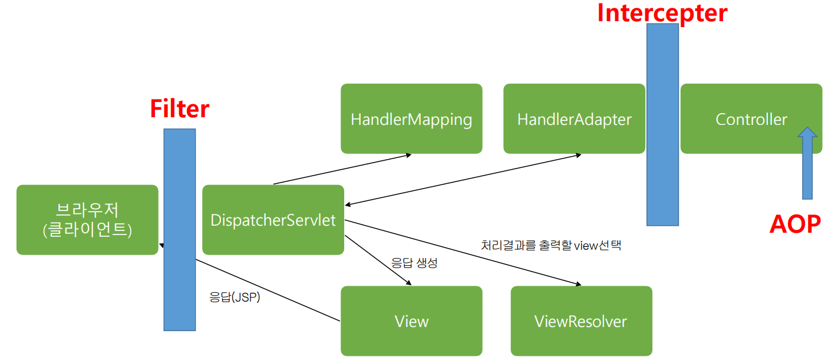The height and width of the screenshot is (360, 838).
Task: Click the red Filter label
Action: coord(180,109)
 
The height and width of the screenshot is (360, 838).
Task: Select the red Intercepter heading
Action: coord(662,13)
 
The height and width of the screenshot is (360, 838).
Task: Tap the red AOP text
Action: coord(795,224)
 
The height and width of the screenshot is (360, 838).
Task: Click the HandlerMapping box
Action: coord(411,119)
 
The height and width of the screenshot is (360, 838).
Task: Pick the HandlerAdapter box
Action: coord(574,119)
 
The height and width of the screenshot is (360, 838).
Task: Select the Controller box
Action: coord(751,119)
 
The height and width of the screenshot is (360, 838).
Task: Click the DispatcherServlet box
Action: coord(273,220)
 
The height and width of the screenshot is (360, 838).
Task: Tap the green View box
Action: coord(411,321)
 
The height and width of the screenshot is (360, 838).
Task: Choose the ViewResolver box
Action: coord(580,321)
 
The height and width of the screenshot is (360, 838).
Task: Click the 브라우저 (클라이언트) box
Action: coord(87,220)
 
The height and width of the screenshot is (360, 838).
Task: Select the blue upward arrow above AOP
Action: coord(807,165)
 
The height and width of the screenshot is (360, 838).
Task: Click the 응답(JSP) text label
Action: coord(235,298)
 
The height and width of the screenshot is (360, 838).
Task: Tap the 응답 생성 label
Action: coord(414,263)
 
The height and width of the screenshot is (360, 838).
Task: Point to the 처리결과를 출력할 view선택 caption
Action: coord(551,245)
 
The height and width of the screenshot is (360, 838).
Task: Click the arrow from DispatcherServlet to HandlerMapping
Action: coord(342,170)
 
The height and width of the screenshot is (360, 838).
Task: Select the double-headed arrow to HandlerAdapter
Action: coord(463,180)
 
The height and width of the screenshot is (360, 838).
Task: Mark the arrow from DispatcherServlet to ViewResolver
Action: coord(463,253)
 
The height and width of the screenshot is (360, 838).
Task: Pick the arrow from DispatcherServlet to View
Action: coord(377,260)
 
